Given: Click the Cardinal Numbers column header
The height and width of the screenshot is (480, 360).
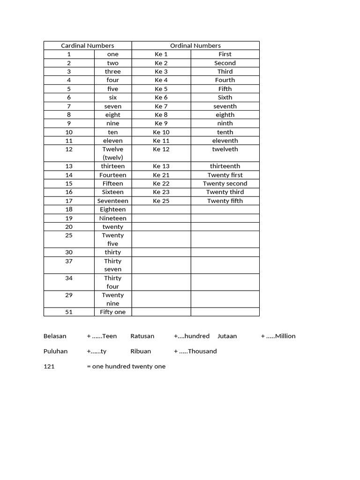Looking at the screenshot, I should pyautogui.click(x=88, y=45).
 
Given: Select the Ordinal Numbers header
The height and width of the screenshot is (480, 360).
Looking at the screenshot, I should pyautogui.click(x=195, y=45).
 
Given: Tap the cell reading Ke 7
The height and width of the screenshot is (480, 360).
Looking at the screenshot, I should pyautogui.click(x=161, y=106).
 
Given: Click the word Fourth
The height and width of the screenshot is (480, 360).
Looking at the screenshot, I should pyautogui.click(x=225, y=80).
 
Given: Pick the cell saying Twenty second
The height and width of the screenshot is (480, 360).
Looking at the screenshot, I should pyautogui.click(x=225, y=184).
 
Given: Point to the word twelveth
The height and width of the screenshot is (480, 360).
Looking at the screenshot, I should pyautogui.click(x=225, y=150).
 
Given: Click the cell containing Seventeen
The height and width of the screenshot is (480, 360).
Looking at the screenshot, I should pyautogui.click(x=113, y=201).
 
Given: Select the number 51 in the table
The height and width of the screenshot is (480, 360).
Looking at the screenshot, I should pyautogui.click(x=69, y=312).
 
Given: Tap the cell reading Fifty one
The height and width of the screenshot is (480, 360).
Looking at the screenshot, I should pyautogui.click(x=113, y=312).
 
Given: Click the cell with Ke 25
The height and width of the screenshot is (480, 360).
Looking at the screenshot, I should pyautogui.click(x=161, y=201).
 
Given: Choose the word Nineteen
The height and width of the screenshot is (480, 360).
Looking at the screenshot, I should pyautogui.click(x=113, y=218).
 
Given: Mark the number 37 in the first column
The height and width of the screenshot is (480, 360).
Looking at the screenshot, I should pyautogui.click(x=69, y=261).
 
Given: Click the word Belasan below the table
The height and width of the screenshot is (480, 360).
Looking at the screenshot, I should pyautogui.click(x=55, y=336).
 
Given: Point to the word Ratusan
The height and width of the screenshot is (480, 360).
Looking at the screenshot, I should pyautogui.click(x=142, y=336).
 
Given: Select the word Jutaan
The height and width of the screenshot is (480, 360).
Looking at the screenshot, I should pyautogui.click(x=227, y=336).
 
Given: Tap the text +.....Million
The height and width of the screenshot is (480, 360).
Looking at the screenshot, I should pyautogui.click(x=278, y=336).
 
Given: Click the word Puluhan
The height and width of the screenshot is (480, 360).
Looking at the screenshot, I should pyautogui.click(x=55, y=351).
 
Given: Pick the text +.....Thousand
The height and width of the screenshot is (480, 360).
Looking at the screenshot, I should pyautogui.click(x=195, y=351).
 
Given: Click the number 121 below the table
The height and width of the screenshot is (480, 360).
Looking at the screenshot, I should pyautogui.click(x=49, y=367).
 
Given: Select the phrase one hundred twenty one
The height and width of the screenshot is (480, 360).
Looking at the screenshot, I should pyautogui.click(x=128, y=367).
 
